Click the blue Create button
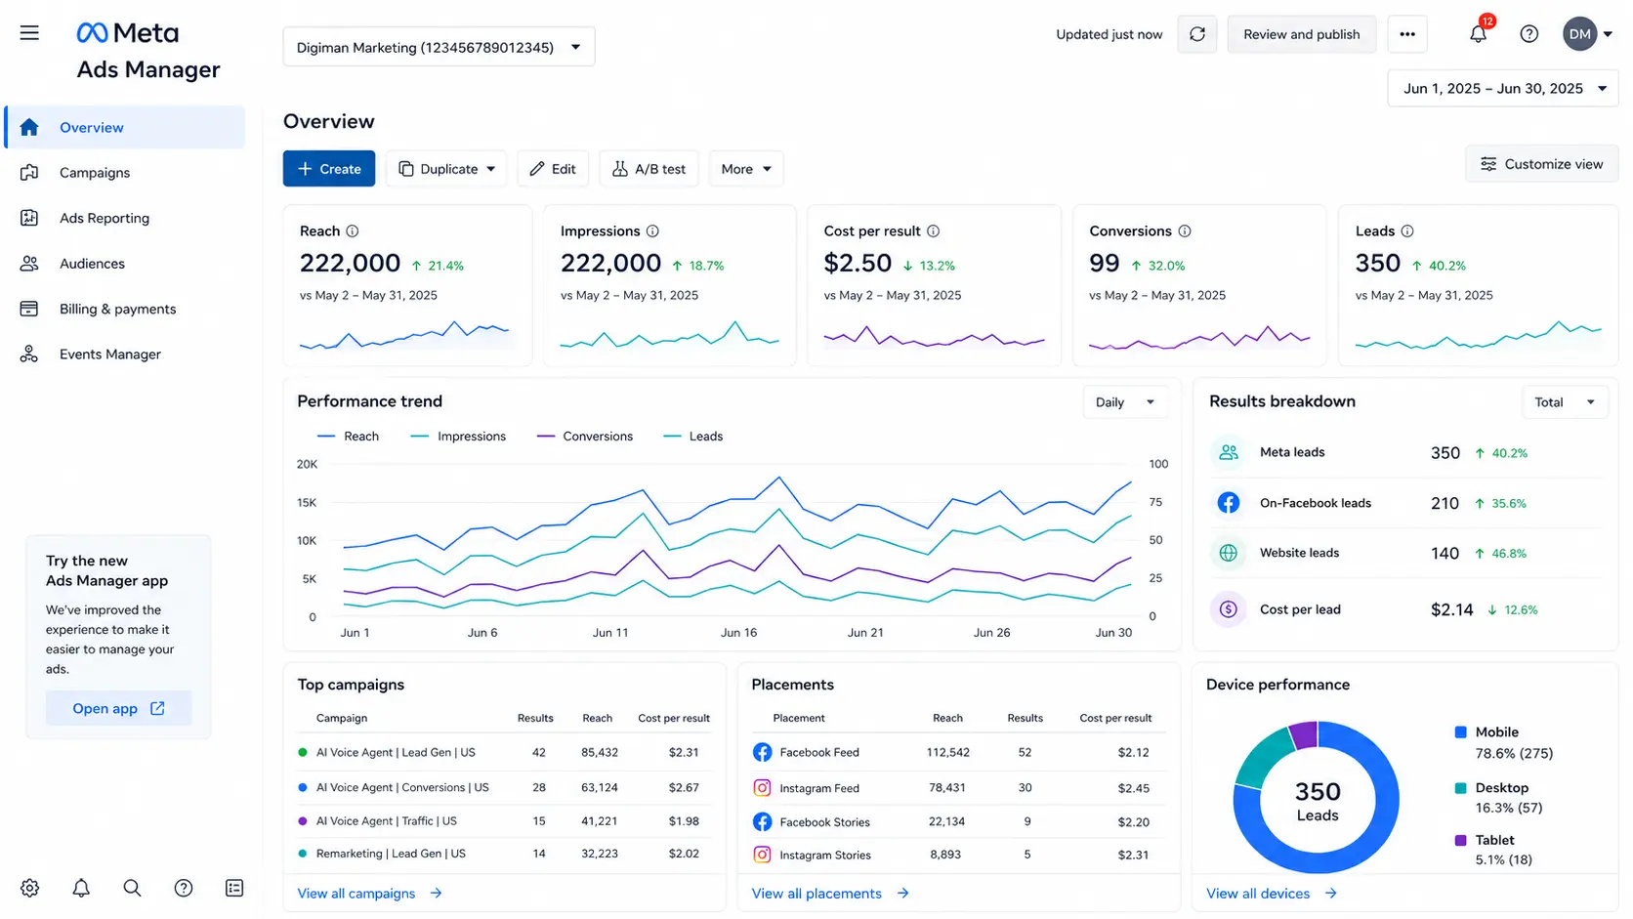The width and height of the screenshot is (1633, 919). coord(329,168)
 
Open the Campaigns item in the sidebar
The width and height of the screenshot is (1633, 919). coord(94,173)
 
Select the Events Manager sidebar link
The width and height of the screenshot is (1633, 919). coord(109,355)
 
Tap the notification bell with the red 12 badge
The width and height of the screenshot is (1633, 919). coord(1479,33)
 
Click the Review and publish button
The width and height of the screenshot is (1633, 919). coord(1301,34)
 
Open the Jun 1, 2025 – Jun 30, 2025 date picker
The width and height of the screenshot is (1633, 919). coord(1503,88)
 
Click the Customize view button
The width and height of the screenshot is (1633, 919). coord(1542,164)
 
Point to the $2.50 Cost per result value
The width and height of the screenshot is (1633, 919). coord(858,263)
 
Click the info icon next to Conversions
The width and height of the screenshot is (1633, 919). coord(1185,231)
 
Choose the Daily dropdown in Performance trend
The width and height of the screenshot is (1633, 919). coord(1125,402)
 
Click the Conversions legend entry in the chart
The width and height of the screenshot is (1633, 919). coord(585,436)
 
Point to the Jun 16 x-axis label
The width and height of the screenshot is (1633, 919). coord(738,633)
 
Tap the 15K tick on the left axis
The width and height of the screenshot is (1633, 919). coord(307,502)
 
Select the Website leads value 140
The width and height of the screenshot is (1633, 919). coord(1445,553)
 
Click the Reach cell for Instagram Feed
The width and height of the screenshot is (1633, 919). coord(947,788)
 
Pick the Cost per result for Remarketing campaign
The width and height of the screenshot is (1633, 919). coord(684,854)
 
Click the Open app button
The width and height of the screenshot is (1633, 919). coord(119,708)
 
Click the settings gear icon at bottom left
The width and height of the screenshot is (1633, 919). coord(30,888)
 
